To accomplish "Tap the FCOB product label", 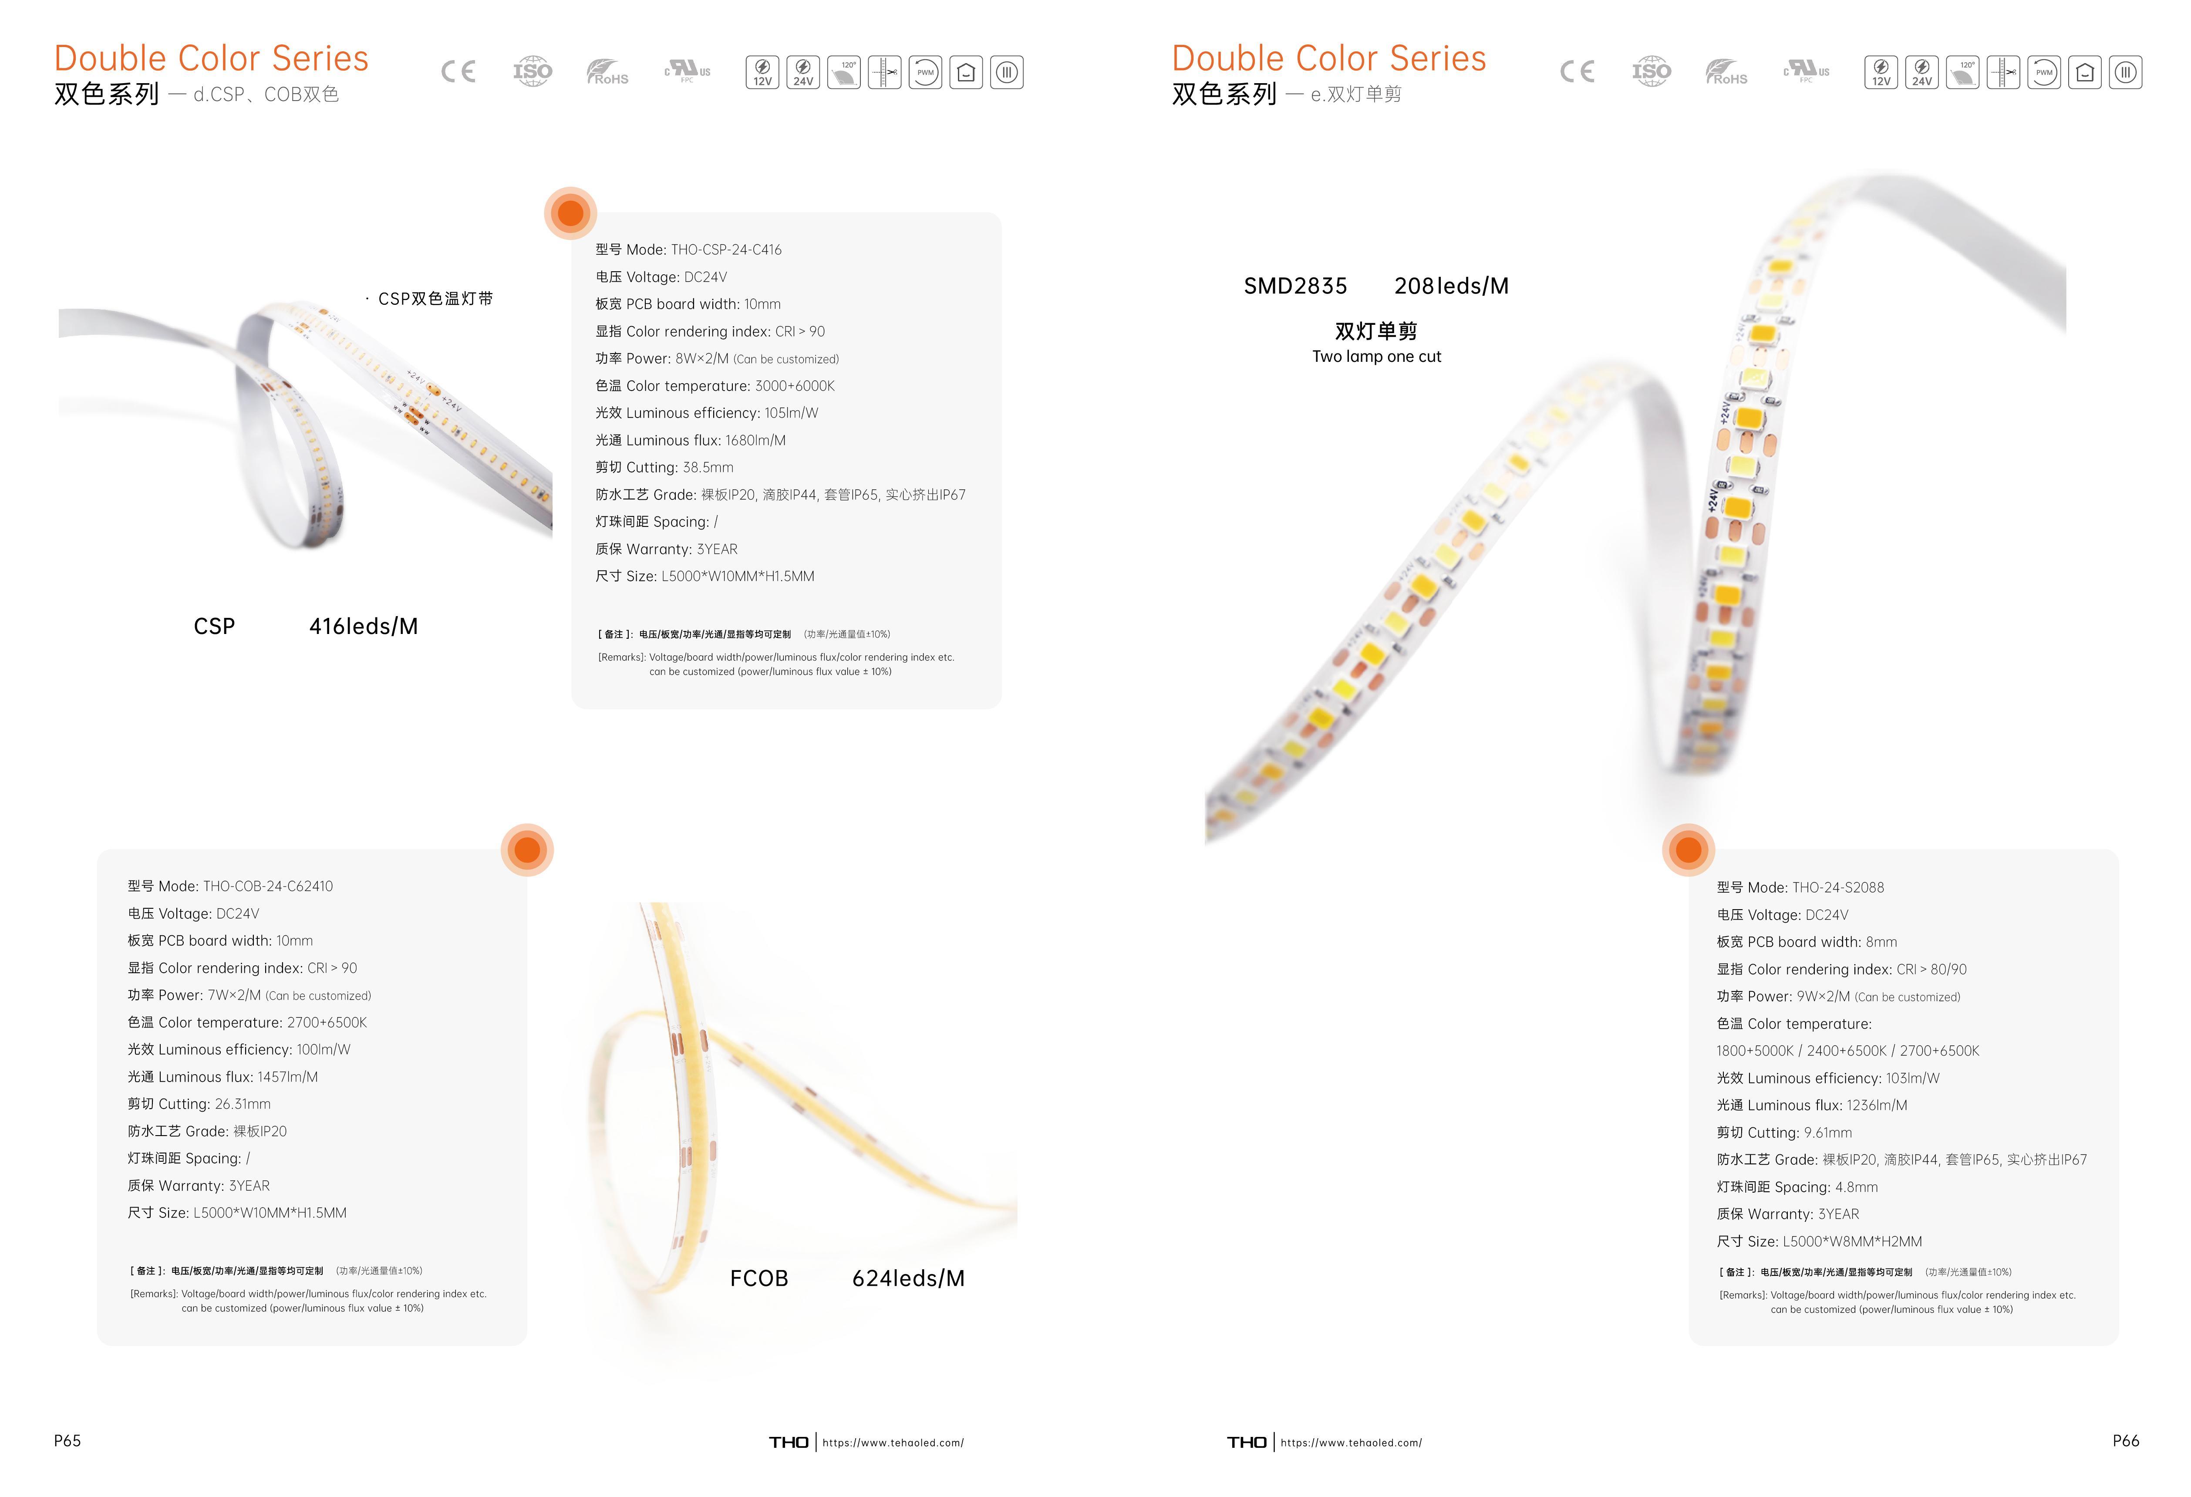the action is [759, 1278].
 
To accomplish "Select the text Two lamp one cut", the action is [1376, 356].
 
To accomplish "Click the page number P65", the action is [67, 1440].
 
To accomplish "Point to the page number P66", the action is [2126, 1440].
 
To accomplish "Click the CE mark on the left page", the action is [458, 72].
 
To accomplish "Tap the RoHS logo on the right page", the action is [1726, 72].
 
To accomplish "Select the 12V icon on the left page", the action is [762, 72].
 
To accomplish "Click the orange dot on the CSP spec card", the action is [570, 213].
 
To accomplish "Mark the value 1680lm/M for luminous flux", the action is [755, 440].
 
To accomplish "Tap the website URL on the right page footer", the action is [1351, 1442].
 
